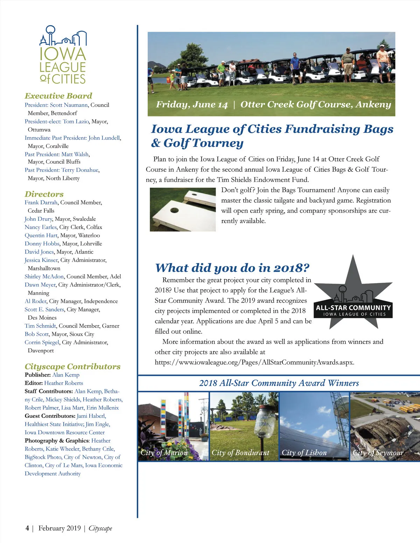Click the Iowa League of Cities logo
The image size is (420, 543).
pyautogui.click(x=63, y=55)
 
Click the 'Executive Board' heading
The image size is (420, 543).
pyautogui.click(x=58, y=96)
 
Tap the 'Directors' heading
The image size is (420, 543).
pyautogui.click(x=44, y=194)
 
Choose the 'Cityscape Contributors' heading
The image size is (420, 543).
pyautogui.click(x=72, y=366)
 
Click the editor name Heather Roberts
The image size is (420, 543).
pyautogui.click(x=63, y=383)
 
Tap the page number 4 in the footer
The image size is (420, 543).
pyautogui.click(x=27, y=528)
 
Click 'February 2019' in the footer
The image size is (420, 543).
pyautogui.click(x=59, y=528)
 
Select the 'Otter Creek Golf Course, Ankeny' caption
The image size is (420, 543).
pyautogui.click(x=315, y=105)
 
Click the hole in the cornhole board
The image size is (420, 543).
pyautogui.click(x=174, y=211)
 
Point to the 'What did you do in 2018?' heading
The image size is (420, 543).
pyautogui.click(x=232, y=268)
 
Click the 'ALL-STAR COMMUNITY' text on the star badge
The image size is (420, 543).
pyautogui.click(x=353, y=308)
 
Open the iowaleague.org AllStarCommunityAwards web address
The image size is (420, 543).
pyautogui.click(x=254, y=362)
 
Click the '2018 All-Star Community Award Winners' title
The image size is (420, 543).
pyautogui.click(x=279, y=383)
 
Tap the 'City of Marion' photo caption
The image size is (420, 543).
pyautogui.click(x=164, y=453)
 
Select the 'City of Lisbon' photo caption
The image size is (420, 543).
pyautogui.click(x=304, y=453)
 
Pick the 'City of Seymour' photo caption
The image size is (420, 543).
pyautogui.click(x=378, y=453)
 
